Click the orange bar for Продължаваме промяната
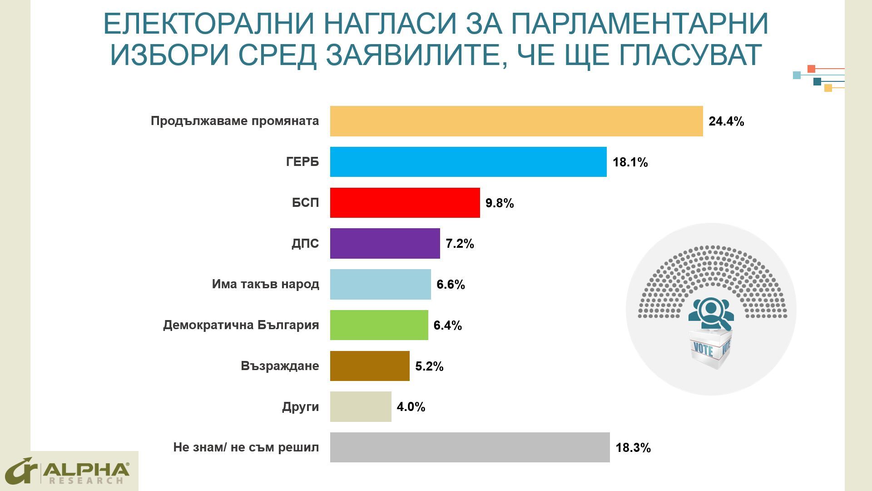pos(516,121)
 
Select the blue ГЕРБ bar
pos(468,162)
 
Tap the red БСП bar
pos(405,203)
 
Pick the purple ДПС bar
pos(385,243)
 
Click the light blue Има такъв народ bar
pos(380,284)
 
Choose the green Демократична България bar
pos(379,325)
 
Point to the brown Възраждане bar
pos(370,366)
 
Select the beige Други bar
pos(361,406)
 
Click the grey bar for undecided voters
pos(470,447)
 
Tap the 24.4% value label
pos(726,121)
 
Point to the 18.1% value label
pos(630,162)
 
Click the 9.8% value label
pos(500,203)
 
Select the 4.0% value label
pos(411,407)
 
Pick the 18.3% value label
pos(633,448)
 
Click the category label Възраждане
pos(280,366)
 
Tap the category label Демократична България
pos(241,325)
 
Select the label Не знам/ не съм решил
pos(246,447)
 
